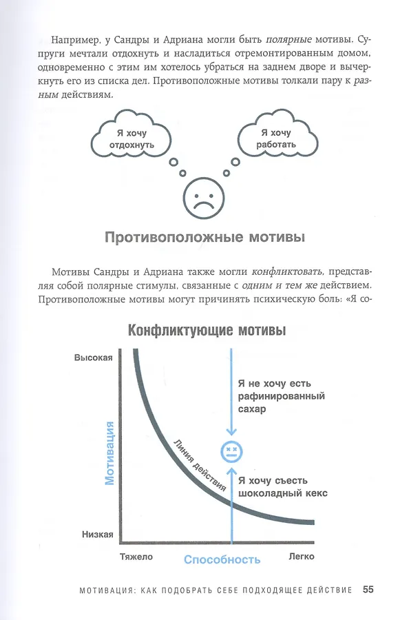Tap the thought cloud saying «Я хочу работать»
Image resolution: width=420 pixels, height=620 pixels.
coord(277,138)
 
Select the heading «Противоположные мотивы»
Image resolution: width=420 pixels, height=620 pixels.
coord(204,238)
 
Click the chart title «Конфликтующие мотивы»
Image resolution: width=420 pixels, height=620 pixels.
coord(207,331)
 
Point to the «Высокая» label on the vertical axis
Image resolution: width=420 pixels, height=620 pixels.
coord(93,358)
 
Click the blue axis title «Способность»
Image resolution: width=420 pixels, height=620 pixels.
coord(222,559)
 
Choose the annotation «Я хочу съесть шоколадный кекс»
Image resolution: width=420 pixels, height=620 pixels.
coord(282,486)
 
